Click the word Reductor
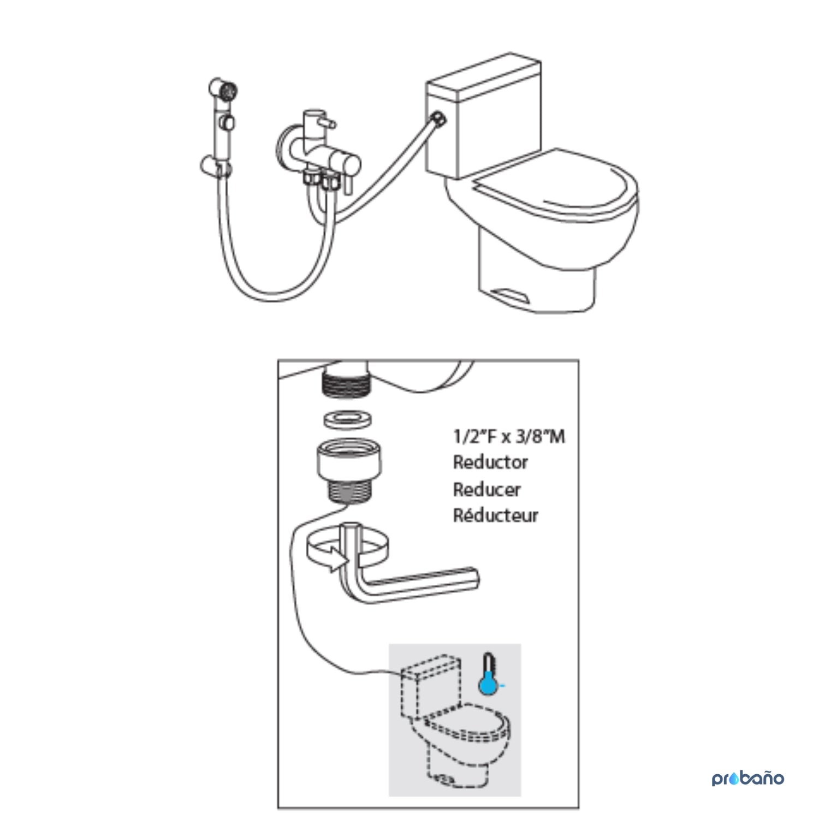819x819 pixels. (490, 462)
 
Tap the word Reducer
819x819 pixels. (486, 489)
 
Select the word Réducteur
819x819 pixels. (495, 515)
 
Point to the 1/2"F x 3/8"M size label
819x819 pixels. (509, 436)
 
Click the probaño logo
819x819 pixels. (747, 778)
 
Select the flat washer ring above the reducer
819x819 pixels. (348, 420)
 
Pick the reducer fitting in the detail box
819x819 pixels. (349, 471)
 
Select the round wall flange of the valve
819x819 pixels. (283, 148)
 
